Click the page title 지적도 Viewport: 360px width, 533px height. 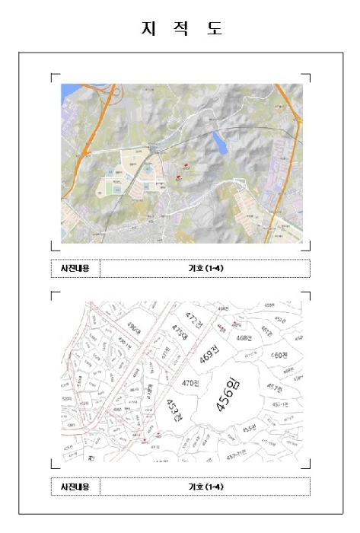tap(180, 29)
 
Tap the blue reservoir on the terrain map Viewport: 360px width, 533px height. tap(219, 141)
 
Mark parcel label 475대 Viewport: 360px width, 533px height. tap(178, 332)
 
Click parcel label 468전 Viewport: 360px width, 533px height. tap(244, 337)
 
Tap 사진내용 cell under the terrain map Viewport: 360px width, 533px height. tap(75, 268)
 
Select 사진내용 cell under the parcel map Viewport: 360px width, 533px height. tap(75, 486)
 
